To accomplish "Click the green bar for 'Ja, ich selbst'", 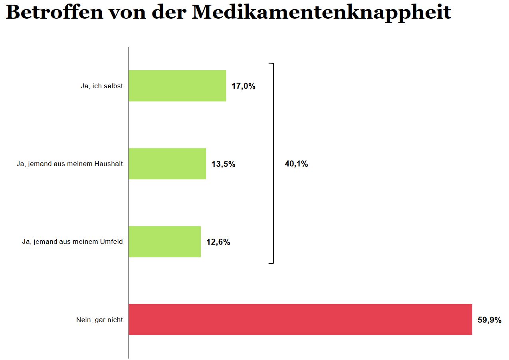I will [177, 86].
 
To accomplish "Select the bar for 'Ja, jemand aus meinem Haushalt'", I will [167, 164].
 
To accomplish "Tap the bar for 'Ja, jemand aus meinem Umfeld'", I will [164, 241].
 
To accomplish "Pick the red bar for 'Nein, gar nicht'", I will [300, 319].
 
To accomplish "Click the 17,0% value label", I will [243, 86].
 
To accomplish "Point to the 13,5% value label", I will [223, 164].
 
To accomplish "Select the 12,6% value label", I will [218, 242].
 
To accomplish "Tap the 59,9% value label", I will [489, 320].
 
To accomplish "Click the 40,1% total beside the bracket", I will [296, 164].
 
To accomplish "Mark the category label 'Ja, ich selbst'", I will [102, 86].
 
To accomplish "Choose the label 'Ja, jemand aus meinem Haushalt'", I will [70, 164].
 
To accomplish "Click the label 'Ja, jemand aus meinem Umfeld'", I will [72, 242].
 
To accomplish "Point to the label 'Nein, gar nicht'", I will [99, 320].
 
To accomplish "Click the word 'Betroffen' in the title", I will [54, 13].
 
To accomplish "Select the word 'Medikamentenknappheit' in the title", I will [321, 13].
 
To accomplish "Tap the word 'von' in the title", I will [127, 13].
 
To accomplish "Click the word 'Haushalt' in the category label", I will [109, 164].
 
